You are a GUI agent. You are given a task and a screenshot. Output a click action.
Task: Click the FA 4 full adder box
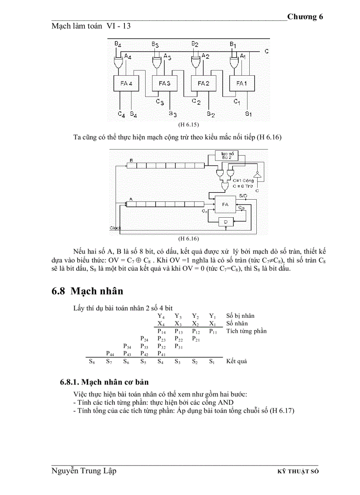(127, 83)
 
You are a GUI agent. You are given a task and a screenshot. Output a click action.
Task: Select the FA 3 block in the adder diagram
(164, 83)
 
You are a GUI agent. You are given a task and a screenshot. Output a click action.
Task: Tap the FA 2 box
(202, 83)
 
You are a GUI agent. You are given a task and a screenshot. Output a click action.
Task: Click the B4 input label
(117, 44)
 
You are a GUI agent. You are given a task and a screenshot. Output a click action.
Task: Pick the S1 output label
(248, 114)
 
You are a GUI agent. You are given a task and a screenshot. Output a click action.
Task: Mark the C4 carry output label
(121, 115)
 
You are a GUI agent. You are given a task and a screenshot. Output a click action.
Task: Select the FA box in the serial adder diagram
(225, 205)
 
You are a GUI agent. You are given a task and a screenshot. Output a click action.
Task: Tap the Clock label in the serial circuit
(115, 228)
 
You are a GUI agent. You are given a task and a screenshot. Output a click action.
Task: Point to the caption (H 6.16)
(188, 238)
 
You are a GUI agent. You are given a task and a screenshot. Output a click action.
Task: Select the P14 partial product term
(161, 331)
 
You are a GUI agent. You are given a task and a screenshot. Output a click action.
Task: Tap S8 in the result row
(92, 361)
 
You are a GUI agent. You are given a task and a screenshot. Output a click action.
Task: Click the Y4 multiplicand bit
(161, 316)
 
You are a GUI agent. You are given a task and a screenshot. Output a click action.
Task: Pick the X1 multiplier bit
(213, 324)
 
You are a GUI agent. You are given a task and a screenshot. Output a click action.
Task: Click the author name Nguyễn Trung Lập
(84, 471)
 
